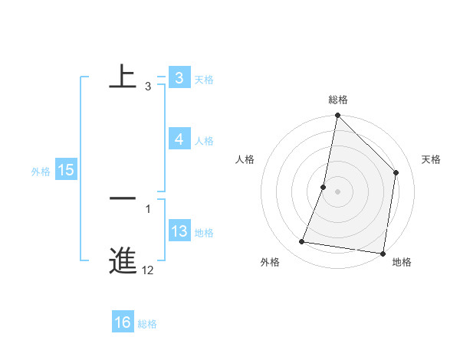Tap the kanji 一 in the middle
(123, 198)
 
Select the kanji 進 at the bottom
(123, 260)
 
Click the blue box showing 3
(179, 77)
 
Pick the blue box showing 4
(179, 139)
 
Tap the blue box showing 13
(179, 231)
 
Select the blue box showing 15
(66, 170)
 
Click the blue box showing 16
(122, 322)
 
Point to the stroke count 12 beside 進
(148, 270)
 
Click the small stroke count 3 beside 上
(148, 87)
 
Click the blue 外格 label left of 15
(41, 172)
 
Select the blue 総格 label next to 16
(147, 324)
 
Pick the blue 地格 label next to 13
(204, 233)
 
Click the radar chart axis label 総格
(337, 100)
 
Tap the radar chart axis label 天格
(431, 159)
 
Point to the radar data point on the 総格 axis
(337, 116)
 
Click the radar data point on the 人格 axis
(324, 187)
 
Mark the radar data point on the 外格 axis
(302, 242)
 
